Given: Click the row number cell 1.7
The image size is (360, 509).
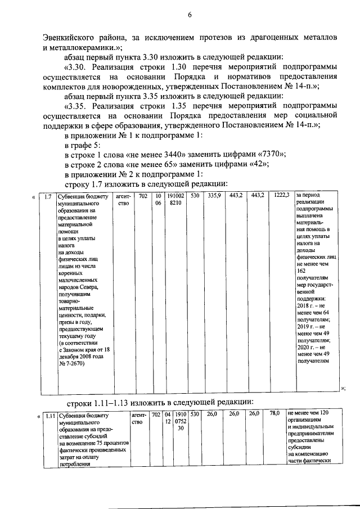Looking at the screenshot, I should [x=49, y=196].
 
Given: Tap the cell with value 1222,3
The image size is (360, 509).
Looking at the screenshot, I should [x=281, y=196].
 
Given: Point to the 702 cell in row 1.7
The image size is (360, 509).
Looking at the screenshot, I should [x=143, y=196].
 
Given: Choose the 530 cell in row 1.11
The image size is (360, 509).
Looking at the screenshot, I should [x=195, y=415].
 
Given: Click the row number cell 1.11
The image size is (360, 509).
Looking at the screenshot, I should [x=49, y=416].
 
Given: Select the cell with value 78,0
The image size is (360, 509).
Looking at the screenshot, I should [x=274, y=414].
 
